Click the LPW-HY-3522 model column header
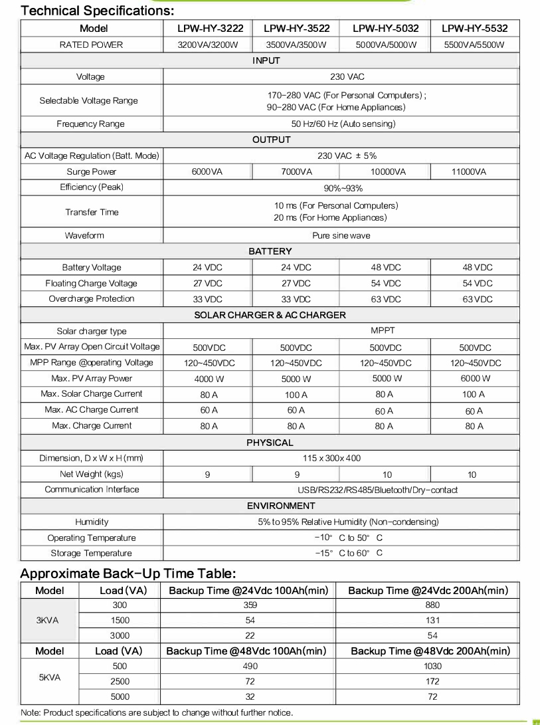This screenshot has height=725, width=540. [x=294, y=29]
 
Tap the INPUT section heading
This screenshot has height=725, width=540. [x=266, y=60]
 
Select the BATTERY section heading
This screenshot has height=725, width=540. [x=270, y=251]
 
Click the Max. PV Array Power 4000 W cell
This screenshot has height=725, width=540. [x=209, y=378]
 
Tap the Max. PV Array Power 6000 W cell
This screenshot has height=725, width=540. [x=474, y=378]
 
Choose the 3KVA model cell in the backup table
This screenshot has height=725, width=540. [x=50, y=620]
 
